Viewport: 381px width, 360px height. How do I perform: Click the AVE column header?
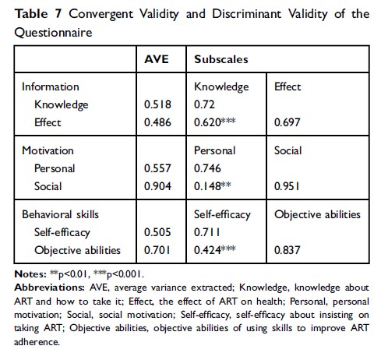[x=157, y=58]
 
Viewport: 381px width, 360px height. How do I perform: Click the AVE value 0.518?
[x=157, y=103]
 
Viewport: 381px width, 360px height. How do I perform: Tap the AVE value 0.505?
[x=157, y=233]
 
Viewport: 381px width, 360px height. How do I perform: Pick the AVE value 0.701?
[x=157, y=249]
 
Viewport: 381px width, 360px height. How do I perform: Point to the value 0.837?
[x=287, y=249]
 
